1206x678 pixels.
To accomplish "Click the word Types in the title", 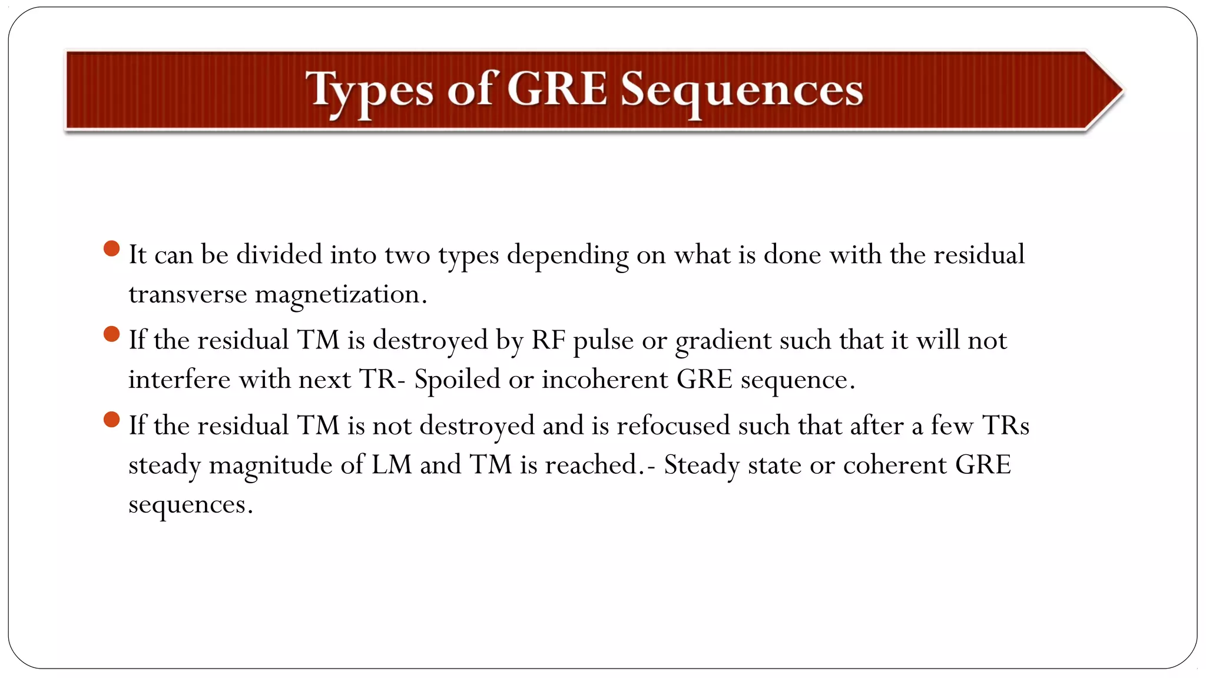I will (369, 91).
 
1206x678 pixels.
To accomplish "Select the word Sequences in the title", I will (742, 91).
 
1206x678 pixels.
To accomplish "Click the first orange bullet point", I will (111, 248).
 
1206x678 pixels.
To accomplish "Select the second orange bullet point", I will (111, 334).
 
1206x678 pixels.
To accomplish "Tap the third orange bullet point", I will (111, 420).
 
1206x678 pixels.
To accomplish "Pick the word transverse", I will (187, 294).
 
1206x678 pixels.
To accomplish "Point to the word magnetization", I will (340, 294).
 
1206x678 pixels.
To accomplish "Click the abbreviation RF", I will (548, 340).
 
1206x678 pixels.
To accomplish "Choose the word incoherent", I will (605, 380).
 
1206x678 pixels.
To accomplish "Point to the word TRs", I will (1005, 426).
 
